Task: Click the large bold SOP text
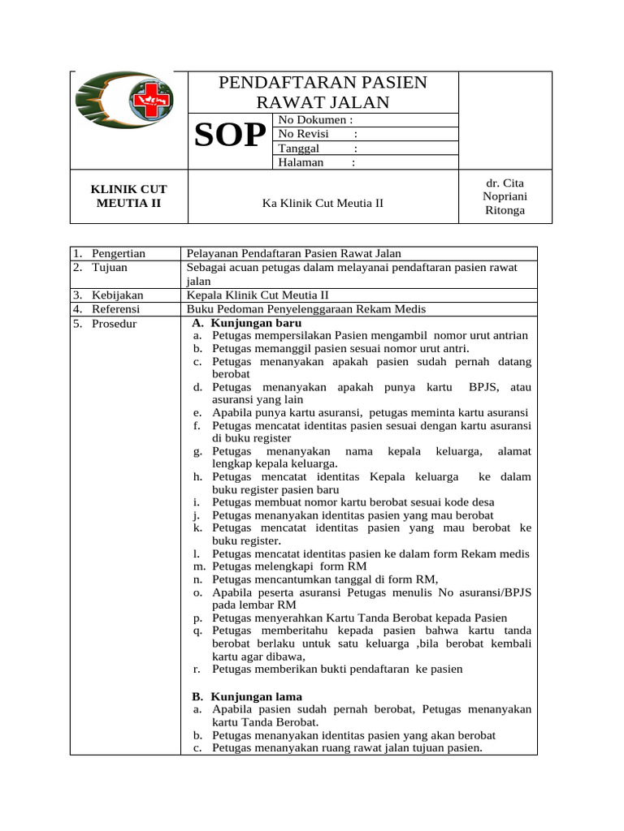click(231, 136)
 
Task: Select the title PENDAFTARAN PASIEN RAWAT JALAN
click(323, 92)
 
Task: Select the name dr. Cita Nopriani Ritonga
click(504, 196)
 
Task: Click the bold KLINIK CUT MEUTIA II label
click(129, 196)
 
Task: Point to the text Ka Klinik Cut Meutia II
click(323, 203)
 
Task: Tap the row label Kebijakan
click(117, 295)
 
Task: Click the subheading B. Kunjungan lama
click(247, 696)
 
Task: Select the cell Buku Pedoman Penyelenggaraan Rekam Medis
click(305, 309)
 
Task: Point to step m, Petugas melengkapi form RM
click(288, 566)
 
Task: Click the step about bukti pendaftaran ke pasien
click(337, 670)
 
